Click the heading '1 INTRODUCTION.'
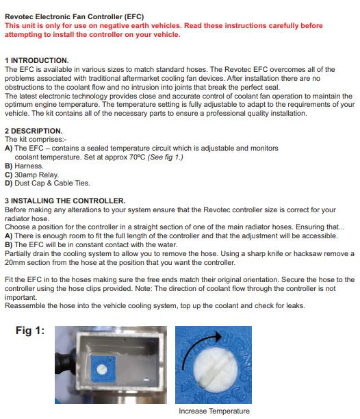[x=36, y=60]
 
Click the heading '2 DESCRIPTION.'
[x=34, y=131]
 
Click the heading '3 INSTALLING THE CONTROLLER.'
[x=65, y=201]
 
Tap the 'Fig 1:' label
[x=30, y=331]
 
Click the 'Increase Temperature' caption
[x=214, y=411]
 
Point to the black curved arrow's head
[x=218, y=336]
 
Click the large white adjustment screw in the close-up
[x=216, y=368]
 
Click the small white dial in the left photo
[x=102, y=369]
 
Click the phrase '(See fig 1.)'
[x=166, y=157]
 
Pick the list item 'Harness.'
[x=29, y=166]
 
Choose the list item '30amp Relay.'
[x=36, y=175]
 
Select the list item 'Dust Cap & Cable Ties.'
[x=52, y=183]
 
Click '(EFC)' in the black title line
[x=133, y=16]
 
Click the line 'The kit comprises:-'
[x=36, y=139]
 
